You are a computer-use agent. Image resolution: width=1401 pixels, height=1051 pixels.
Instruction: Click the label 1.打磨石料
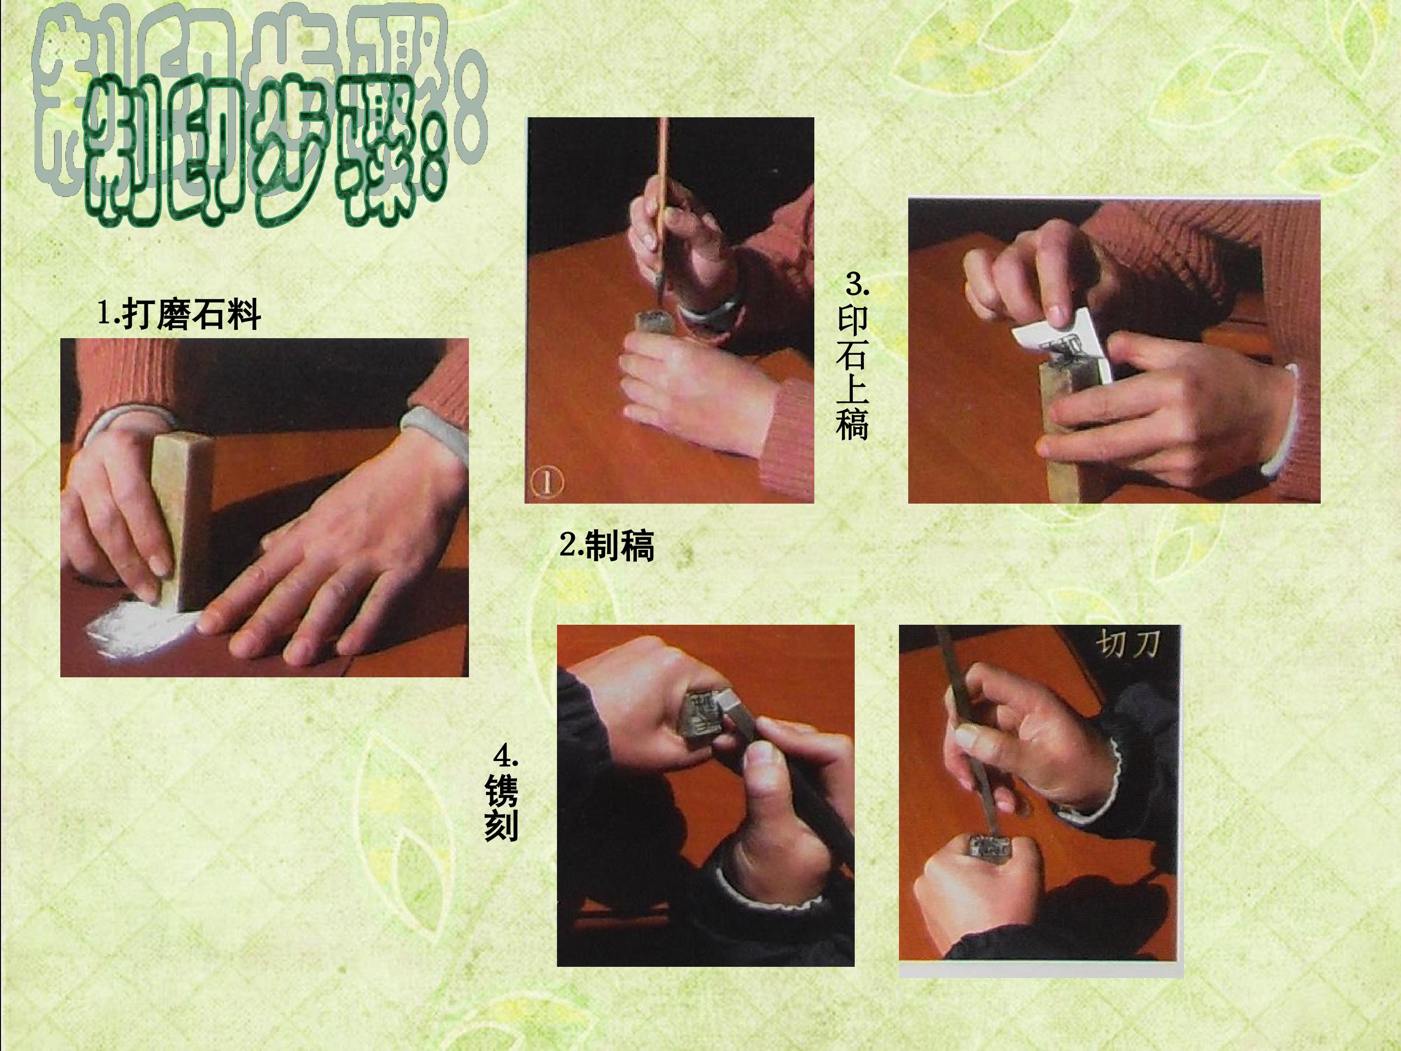click(179, 314)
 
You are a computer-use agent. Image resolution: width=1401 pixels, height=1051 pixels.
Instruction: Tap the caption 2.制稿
click(606, 545)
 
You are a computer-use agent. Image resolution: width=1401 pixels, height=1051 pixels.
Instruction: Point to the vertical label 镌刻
click(501, 808)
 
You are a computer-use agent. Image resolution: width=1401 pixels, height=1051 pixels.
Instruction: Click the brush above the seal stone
click(662, 209)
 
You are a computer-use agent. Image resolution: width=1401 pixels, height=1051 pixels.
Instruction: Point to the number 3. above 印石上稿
click(858, 285)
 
